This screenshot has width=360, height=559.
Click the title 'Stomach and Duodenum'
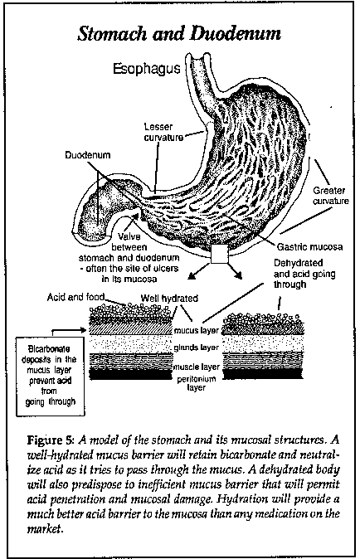click(x=179, y=34)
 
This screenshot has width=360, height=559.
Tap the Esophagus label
click(x=147, y=68)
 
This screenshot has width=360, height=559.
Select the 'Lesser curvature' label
click(x=163, y=132)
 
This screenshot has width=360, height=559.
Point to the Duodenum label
click(x=88, y=155)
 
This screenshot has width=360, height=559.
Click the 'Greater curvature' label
click(x=331, y=196)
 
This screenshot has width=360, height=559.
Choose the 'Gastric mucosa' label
click(x=309, y=246)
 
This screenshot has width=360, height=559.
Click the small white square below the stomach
click(x=219, y=255)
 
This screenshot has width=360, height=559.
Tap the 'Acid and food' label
click(x=75, y=297)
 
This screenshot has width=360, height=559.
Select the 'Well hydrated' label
click(x=169, y=298)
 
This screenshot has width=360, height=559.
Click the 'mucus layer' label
click(x=196, y=330)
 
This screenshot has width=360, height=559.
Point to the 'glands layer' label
click(x=196, y=348)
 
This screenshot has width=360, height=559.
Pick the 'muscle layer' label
click(x=197, y=367)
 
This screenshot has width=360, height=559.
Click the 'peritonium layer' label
click(x=197, y=383)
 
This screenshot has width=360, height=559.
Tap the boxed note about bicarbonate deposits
click(x=51, y=376)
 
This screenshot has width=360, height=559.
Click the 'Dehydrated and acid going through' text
click(x=304, y=274)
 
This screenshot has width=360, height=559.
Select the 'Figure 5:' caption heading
click(x=51, y=440)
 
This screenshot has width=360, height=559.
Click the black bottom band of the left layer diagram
click(x=130, y=374)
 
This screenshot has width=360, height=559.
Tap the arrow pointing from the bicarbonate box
click(x=70, y=331)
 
